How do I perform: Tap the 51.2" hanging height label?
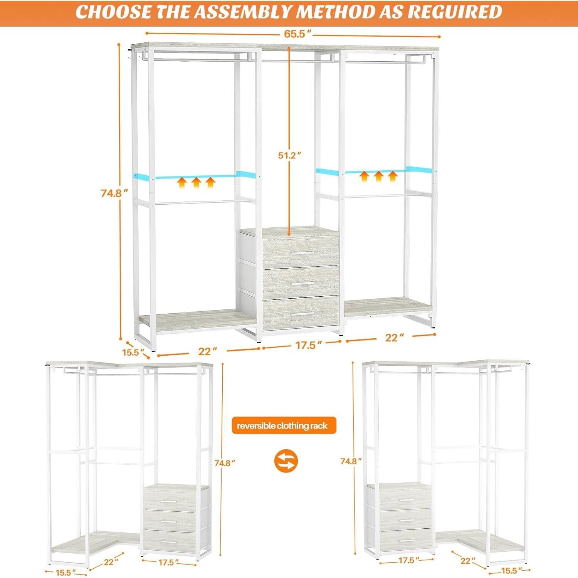coord(289,155)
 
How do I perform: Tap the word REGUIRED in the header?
coord(455,12)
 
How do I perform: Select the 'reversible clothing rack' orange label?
coord(284,426)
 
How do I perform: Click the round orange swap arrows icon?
coord(286,461)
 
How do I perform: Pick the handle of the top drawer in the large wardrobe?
coord(302,253)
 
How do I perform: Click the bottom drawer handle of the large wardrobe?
coord(302,315)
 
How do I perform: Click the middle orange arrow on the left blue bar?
coord(196,182)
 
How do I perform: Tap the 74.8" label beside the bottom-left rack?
coord(225,463)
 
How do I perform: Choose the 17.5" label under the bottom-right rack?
coord(406,561)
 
